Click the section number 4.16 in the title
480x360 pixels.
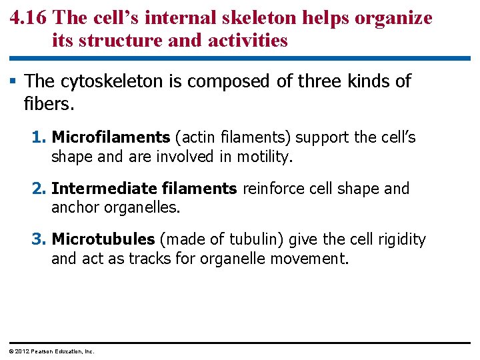[29, 18]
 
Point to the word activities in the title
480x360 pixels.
[248, 41]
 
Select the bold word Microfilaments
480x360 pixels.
[111, 138]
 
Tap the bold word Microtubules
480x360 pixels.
[103, 239]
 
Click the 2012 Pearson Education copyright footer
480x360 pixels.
[51, 351]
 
